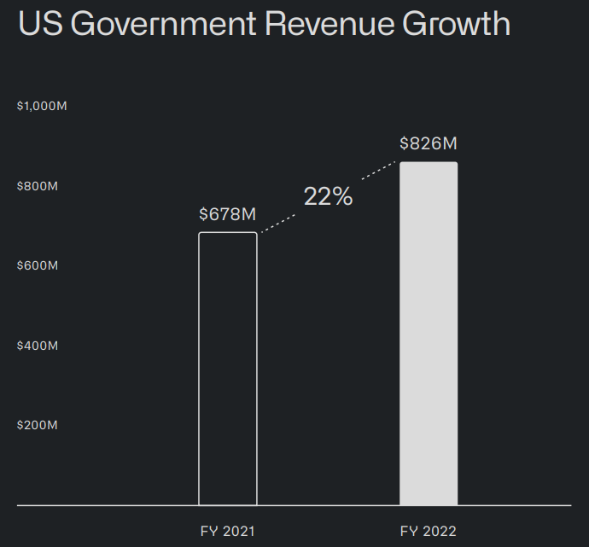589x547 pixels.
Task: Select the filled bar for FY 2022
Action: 429,334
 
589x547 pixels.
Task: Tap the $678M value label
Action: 228,213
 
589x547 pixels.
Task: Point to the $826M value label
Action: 429,143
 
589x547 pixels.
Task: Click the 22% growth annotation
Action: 328,196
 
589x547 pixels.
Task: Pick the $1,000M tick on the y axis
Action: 42,106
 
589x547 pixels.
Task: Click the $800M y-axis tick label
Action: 38,186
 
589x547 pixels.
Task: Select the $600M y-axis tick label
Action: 38,265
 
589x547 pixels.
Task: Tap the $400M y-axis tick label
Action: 38,346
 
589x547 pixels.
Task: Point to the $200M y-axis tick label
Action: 38,425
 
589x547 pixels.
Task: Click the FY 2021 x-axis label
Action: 227,532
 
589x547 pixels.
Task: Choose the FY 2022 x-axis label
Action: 429,532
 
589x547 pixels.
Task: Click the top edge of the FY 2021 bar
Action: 228,233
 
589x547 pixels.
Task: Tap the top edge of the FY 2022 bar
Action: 429,162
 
